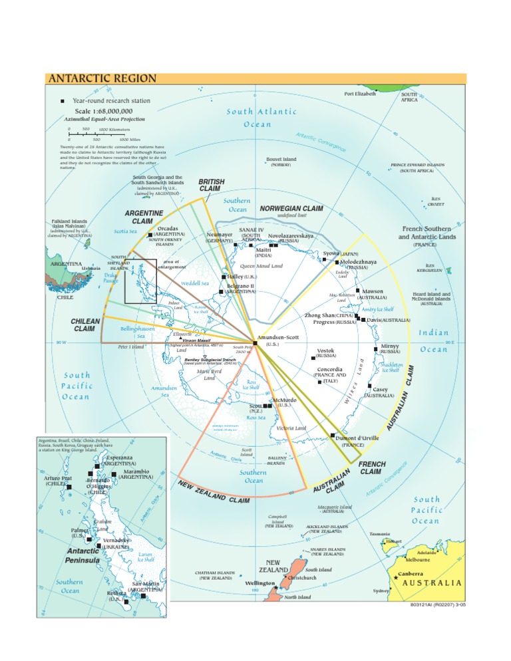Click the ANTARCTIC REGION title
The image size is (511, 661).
101,78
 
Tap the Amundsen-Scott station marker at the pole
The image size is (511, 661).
254,343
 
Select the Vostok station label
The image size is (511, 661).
325,350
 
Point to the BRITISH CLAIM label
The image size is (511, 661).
212,185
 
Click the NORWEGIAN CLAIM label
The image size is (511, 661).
291,208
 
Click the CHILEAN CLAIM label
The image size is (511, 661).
85,325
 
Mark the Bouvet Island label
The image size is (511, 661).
281,160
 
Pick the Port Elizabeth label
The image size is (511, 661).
360,94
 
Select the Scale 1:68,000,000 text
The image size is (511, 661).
103,111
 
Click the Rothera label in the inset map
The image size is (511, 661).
107,593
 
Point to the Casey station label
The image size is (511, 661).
380,389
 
